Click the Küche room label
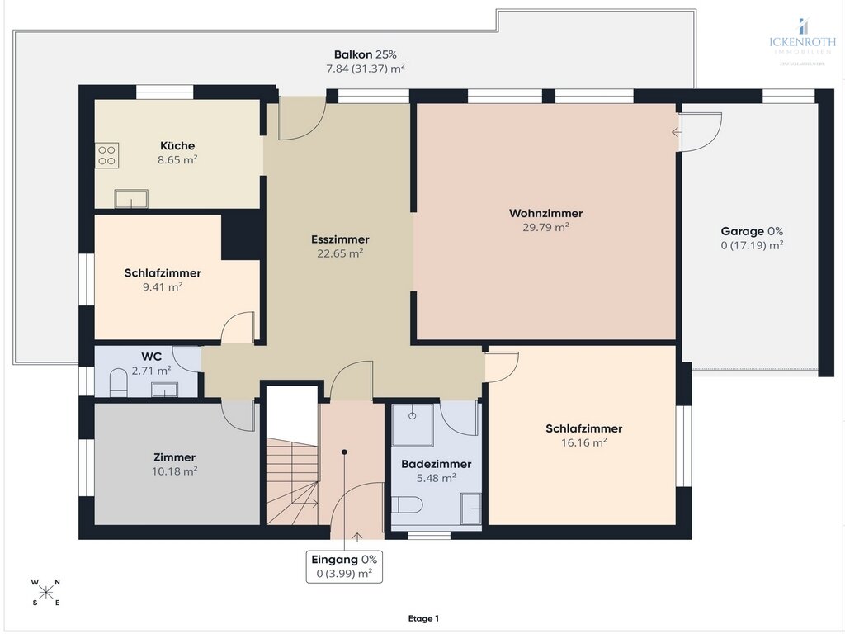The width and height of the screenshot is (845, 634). tap(177, 146)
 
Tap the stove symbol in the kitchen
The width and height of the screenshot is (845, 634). tap(107, 155)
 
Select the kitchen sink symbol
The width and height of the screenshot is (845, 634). tap(131, 199)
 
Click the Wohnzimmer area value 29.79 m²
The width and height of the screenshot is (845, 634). tap(545, 227)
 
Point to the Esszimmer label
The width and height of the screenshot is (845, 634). tap(340, 239)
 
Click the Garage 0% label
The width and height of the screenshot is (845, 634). tap(752, 231)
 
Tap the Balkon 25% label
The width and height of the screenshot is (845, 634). tap(365, 54)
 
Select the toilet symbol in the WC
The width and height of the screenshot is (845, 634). tap(118, 384)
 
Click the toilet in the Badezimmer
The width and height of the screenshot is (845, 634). tap(408, 505)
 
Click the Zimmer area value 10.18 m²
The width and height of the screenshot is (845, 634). tap(175, 471)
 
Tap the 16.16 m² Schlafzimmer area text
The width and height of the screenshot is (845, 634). tap(583, 442)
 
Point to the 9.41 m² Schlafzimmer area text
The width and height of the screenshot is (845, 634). tap(163, 286)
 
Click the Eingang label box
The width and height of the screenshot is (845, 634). tap(344, 566)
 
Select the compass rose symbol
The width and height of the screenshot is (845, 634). tap(46, 592)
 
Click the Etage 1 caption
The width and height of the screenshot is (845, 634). tap(423, 618)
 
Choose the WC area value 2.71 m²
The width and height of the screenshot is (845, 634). tap(153, 370)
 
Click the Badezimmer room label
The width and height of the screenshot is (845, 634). tap(437, 464)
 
